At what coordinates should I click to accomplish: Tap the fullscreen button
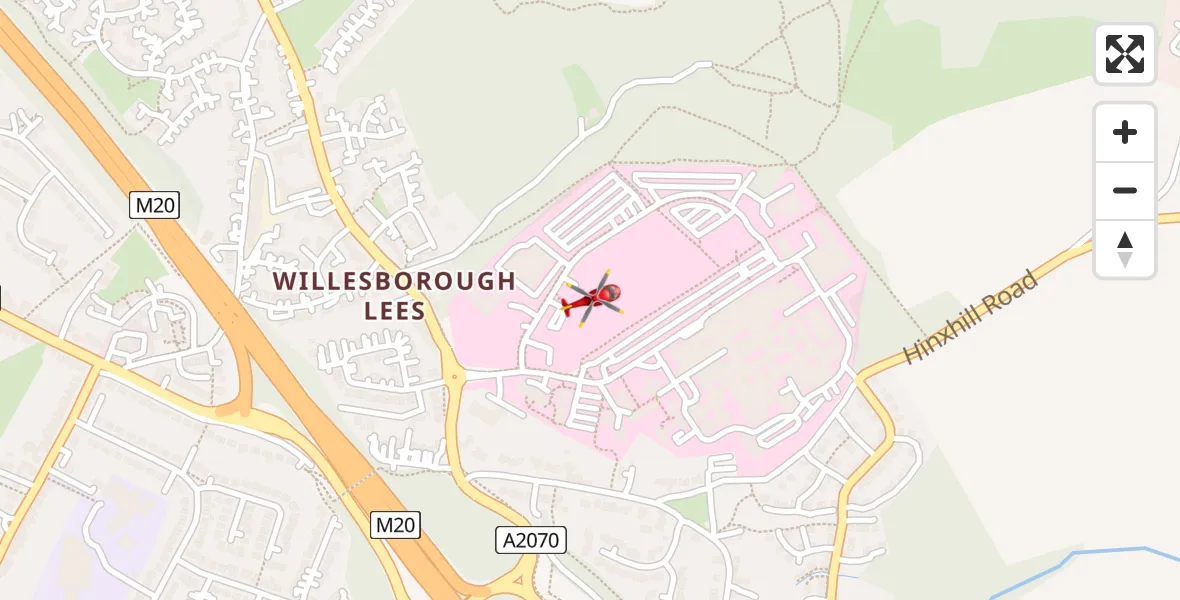pyautogui.click(x=1124, y=54)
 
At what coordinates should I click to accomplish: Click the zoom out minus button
pyautogui.click(x=1124, y=190)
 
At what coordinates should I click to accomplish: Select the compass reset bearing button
pyautogui.click(x=1124, y=249)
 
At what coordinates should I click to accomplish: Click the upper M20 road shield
pyautogui.click(x=155, y=206)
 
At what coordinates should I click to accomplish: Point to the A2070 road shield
pyautogui.click(x=531, y=541)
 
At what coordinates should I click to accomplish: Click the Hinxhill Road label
pyautogui.click(x=970, y=317)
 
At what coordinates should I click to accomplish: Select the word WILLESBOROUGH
pyautogui.click(x=394, y=281)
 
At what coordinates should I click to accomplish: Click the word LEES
pyautogui.click(x=395, y=311)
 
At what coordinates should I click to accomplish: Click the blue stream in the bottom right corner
pyautogui.click(x=1100, y=553)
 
